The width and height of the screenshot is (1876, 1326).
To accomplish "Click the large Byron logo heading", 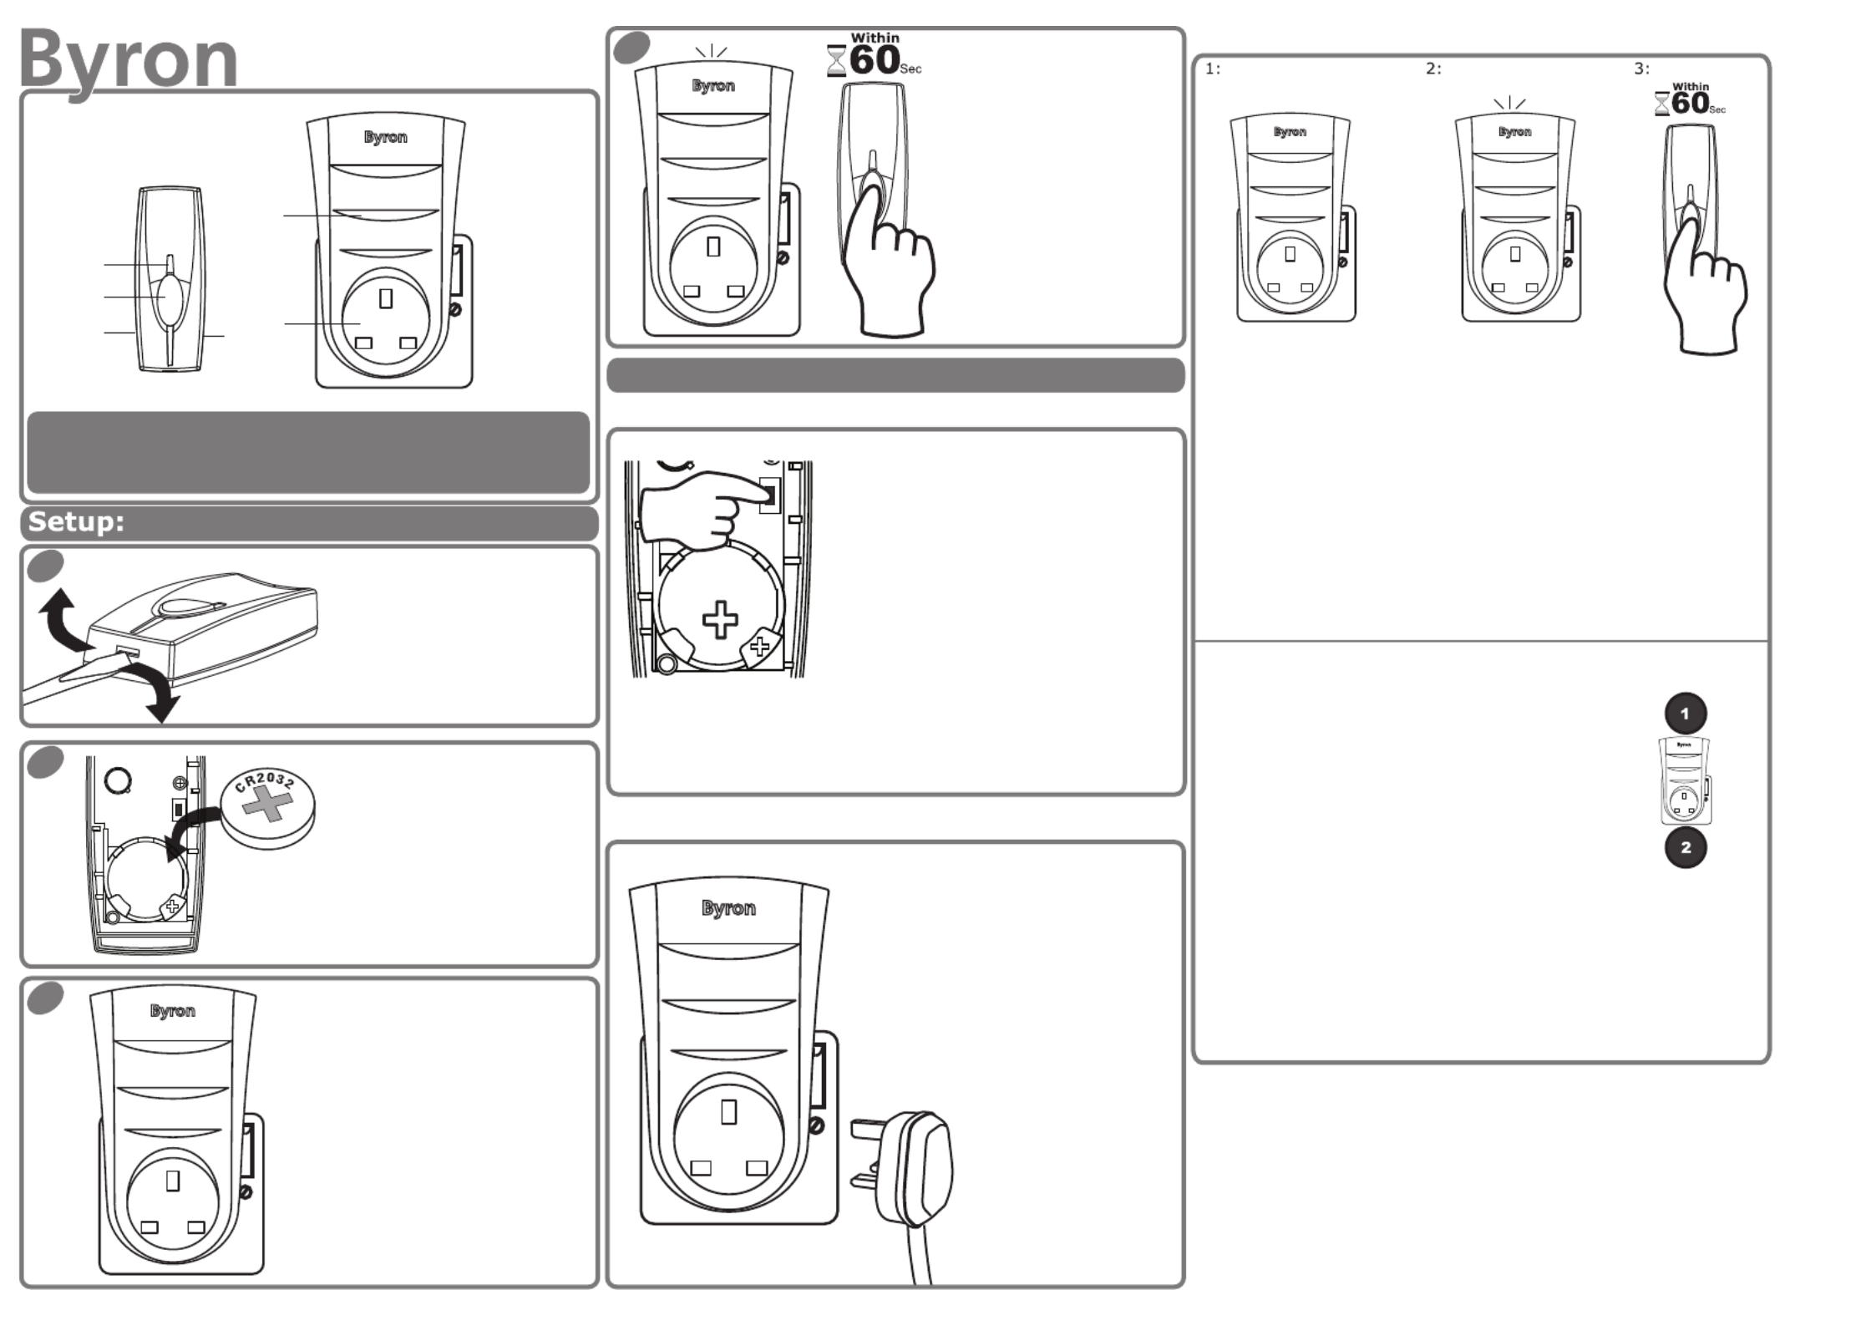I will (128, 58).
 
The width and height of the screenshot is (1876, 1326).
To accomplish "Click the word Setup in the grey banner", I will (76, 522).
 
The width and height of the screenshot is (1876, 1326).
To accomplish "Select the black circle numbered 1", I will (1685, 714).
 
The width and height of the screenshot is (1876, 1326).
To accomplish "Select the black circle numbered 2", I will (1685, 847).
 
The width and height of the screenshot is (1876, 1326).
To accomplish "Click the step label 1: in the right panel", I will (1213, 69).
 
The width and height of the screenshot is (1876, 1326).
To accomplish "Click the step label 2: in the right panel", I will (1433, 69).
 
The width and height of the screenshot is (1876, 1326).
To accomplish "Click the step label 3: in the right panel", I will (1641, 69).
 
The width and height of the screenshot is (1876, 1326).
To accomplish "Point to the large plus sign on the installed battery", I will (720, 620).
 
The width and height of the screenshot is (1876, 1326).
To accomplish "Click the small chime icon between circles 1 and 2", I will (1685, 780).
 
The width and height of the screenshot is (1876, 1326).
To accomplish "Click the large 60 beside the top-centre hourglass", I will (875, 60).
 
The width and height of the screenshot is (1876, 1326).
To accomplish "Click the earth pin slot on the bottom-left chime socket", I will (173, 1180).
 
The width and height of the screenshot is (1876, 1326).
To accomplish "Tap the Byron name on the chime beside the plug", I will (728, 908).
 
